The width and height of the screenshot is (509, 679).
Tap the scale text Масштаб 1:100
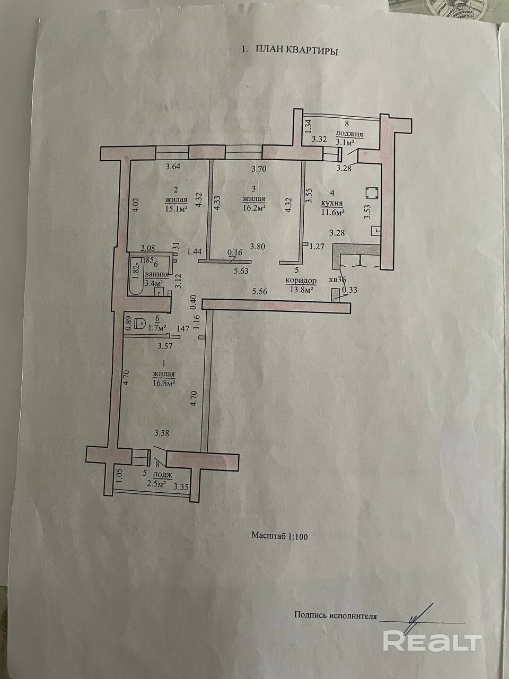tap(279, 536)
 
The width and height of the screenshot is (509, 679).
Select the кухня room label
tap(331, 203)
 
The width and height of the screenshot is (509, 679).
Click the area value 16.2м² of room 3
tap(253, 208)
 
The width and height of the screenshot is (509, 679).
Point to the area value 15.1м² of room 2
tap(177, 208)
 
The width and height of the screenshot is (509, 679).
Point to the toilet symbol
tap(141, 323)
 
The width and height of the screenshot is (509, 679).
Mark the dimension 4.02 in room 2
tap(136, 205)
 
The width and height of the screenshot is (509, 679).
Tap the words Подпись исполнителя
tap(335, 616)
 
